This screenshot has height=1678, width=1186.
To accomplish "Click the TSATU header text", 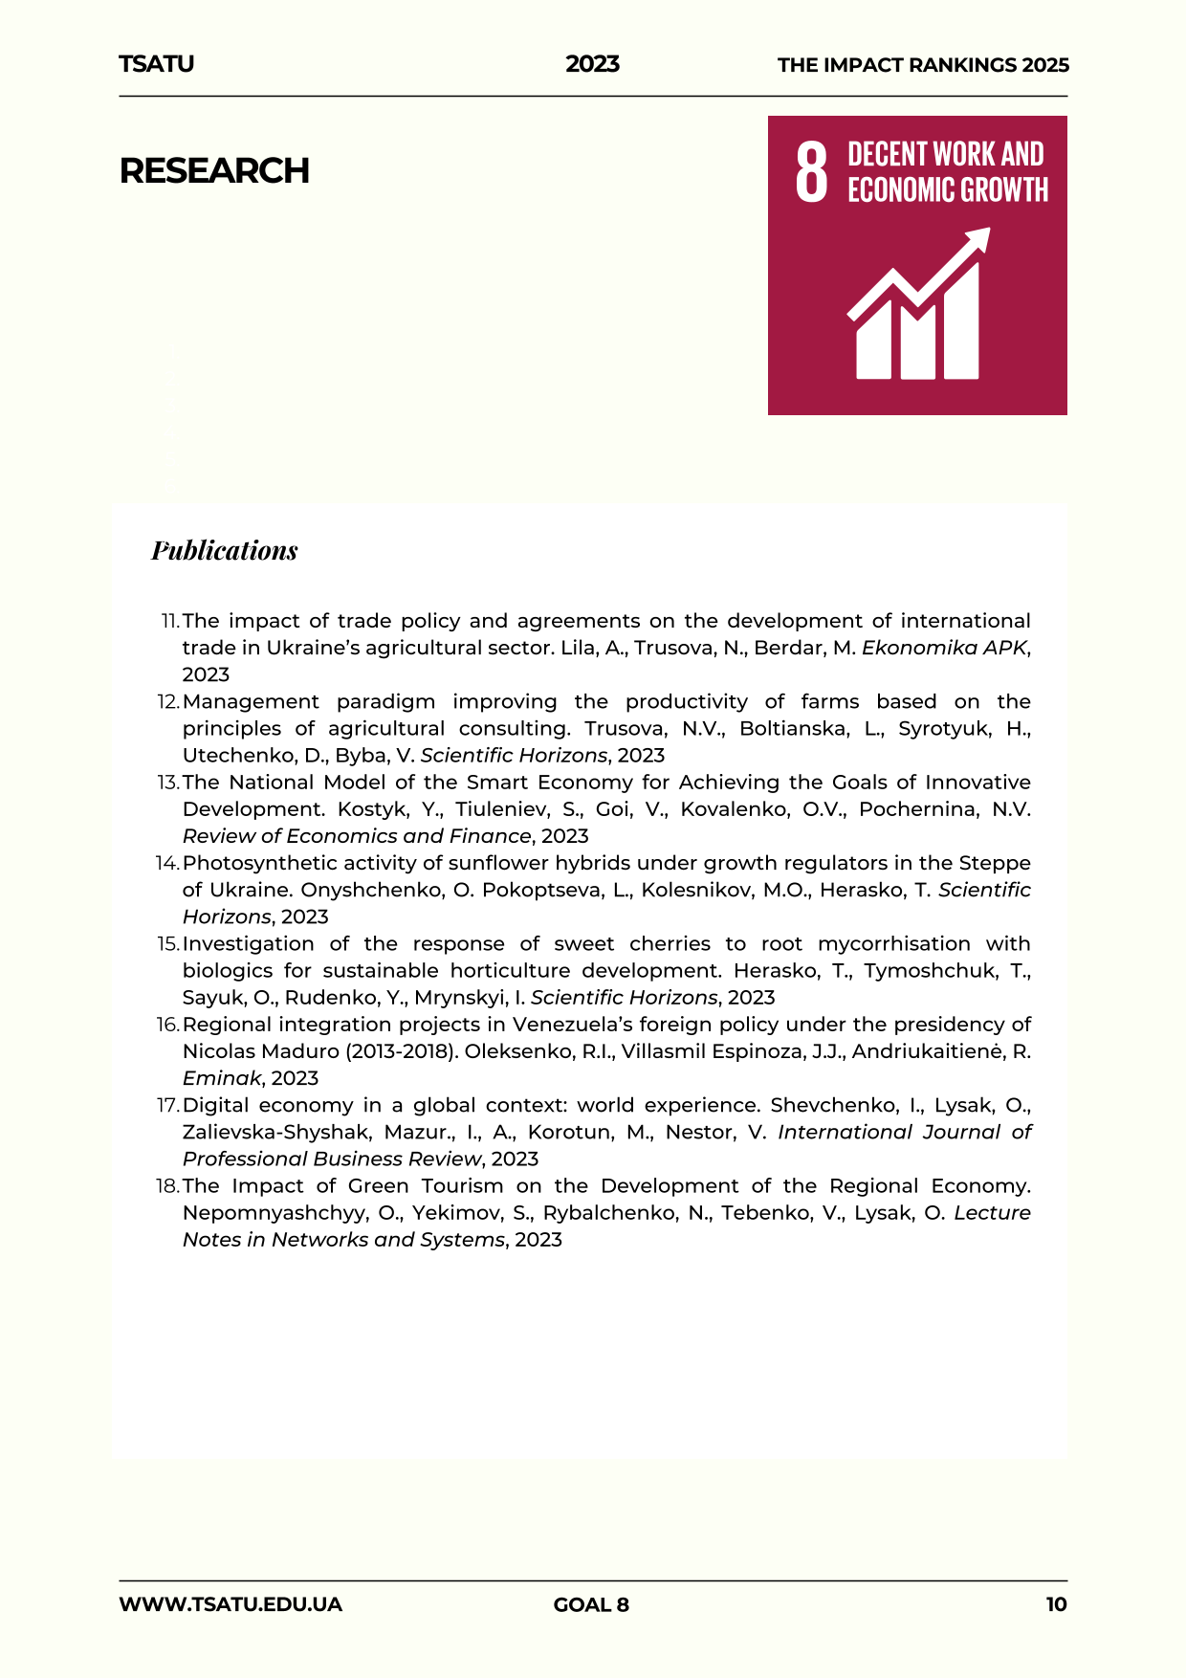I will coord(156,64).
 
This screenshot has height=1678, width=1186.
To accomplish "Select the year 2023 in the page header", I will coord(592,64).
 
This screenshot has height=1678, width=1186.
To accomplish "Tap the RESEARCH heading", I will coord(214,171).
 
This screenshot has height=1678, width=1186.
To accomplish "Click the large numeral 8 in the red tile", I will coord(811,171).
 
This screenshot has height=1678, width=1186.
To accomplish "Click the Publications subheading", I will coord(225,550).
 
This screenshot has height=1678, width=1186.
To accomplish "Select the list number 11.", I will coord(169,622).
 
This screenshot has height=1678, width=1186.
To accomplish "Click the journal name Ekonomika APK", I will coord(943,648).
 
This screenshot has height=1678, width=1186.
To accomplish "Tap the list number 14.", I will coord(167,864).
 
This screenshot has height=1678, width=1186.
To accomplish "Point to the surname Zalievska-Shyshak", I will coord(277,1132).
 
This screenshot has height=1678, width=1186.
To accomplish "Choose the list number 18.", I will coord(167,1186).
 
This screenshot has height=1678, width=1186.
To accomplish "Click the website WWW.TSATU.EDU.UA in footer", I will coord(231,1604).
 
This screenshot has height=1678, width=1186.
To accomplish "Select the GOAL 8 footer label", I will coord(591,1604).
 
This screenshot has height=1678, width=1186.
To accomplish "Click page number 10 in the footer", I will coord(1056,1604).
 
